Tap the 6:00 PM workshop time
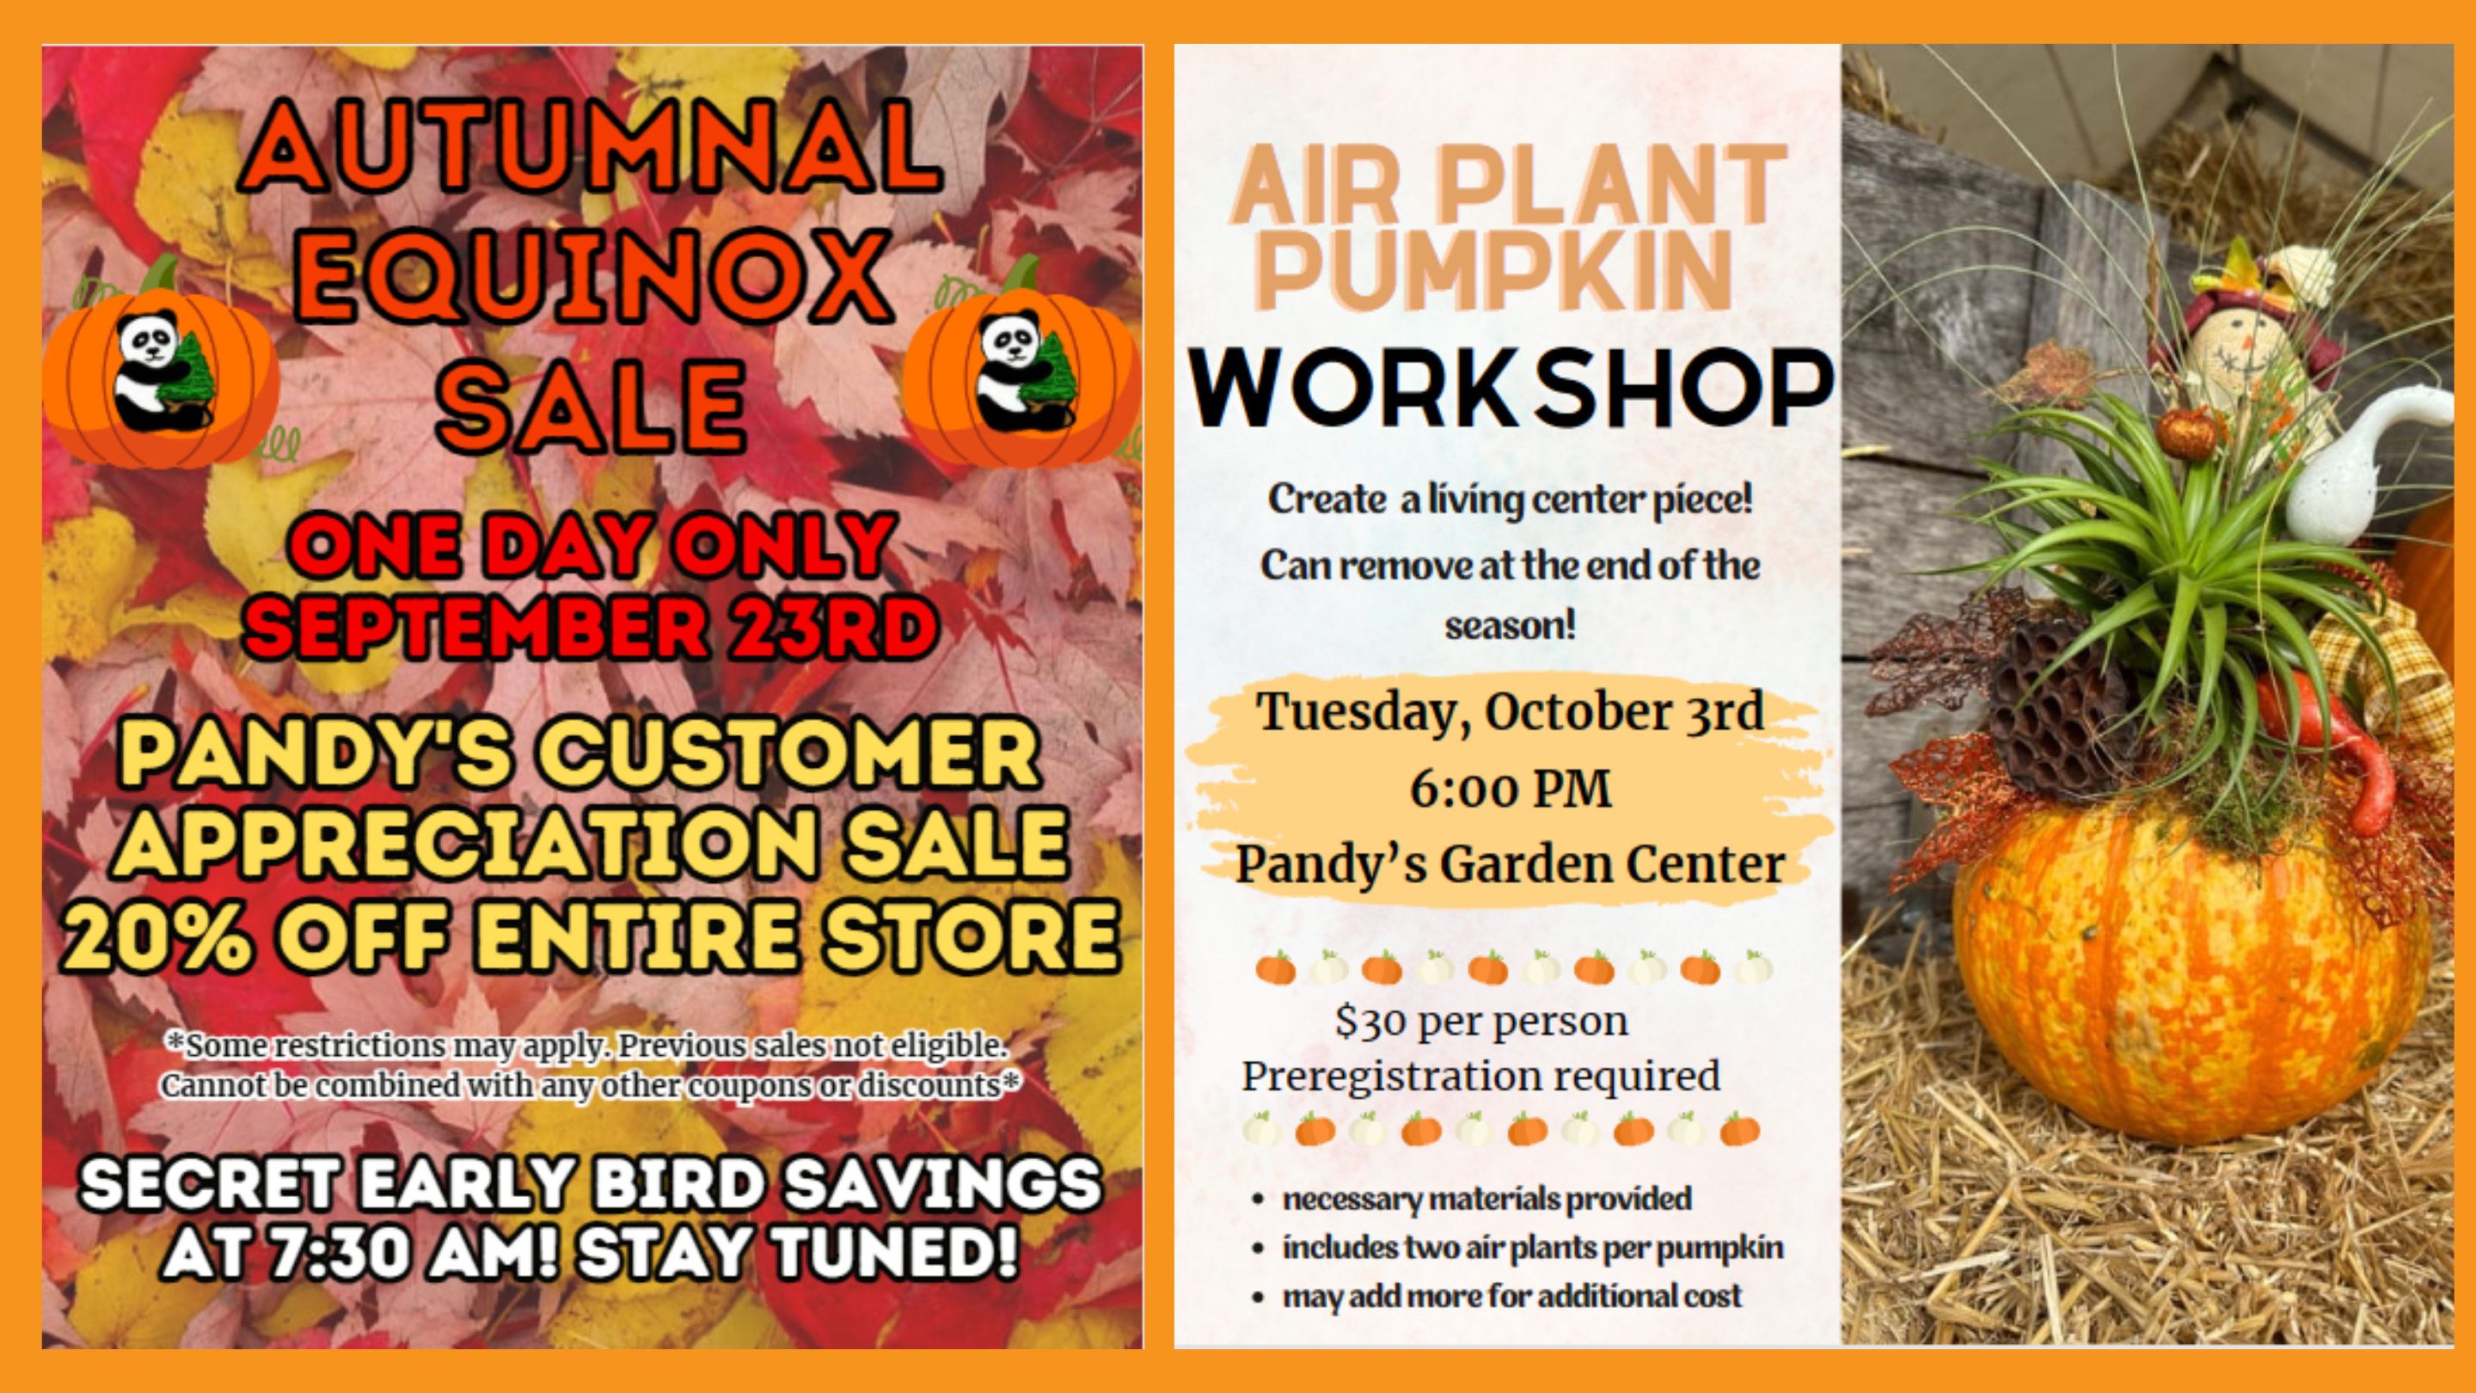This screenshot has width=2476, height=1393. [x=1510, y=789]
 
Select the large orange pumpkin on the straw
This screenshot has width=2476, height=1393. [x=2192, y=971]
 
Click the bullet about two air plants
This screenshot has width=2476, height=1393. [x=1532, y=1248]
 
